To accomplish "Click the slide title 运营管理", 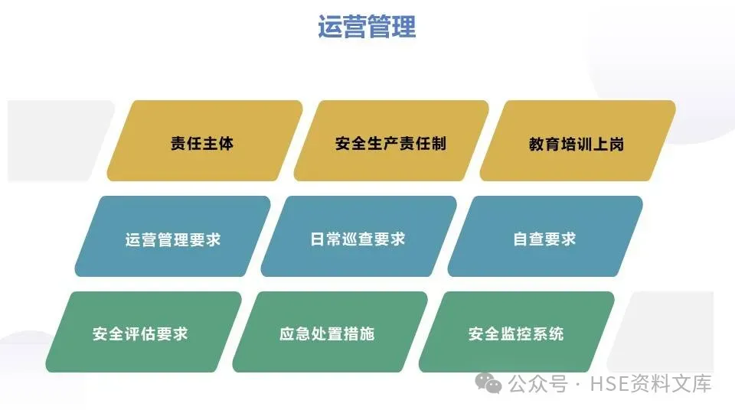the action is (x=367, y=27).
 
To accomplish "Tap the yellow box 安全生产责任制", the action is (x=390, y=142).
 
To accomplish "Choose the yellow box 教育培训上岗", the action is (x=577, y=142).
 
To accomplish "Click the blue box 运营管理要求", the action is (x=173, y=238).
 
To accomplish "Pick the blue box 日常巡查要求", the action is (x=358, y=238).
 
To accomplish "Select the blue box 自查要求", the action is (x=544, y=238).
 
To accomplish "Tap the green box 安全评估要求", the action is (x=141, y=333).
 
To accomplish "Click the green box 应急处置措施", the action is (x=327, y=333).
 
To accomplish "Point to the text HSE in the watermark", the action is (x=608, y=383).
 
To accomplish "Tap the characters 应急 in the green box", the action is (x=296, y=333).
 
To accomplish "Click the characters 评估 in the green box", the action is (x=141, y=333).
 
